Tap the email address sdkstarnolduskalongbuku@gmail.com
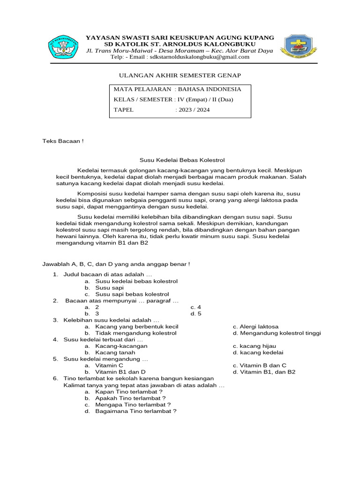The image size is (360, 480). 199,57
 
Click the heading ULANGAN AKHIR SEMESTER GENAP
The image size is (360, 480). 180,75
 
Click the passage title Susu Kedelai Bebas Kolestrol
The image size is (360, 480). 180,160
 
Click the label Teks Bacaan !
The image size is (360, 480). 63,141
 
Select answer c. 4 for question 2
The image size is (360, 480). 195,307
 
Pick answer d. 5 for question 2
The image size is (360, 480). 196,313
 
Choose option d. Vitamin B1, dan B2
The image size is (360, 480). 267,372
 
